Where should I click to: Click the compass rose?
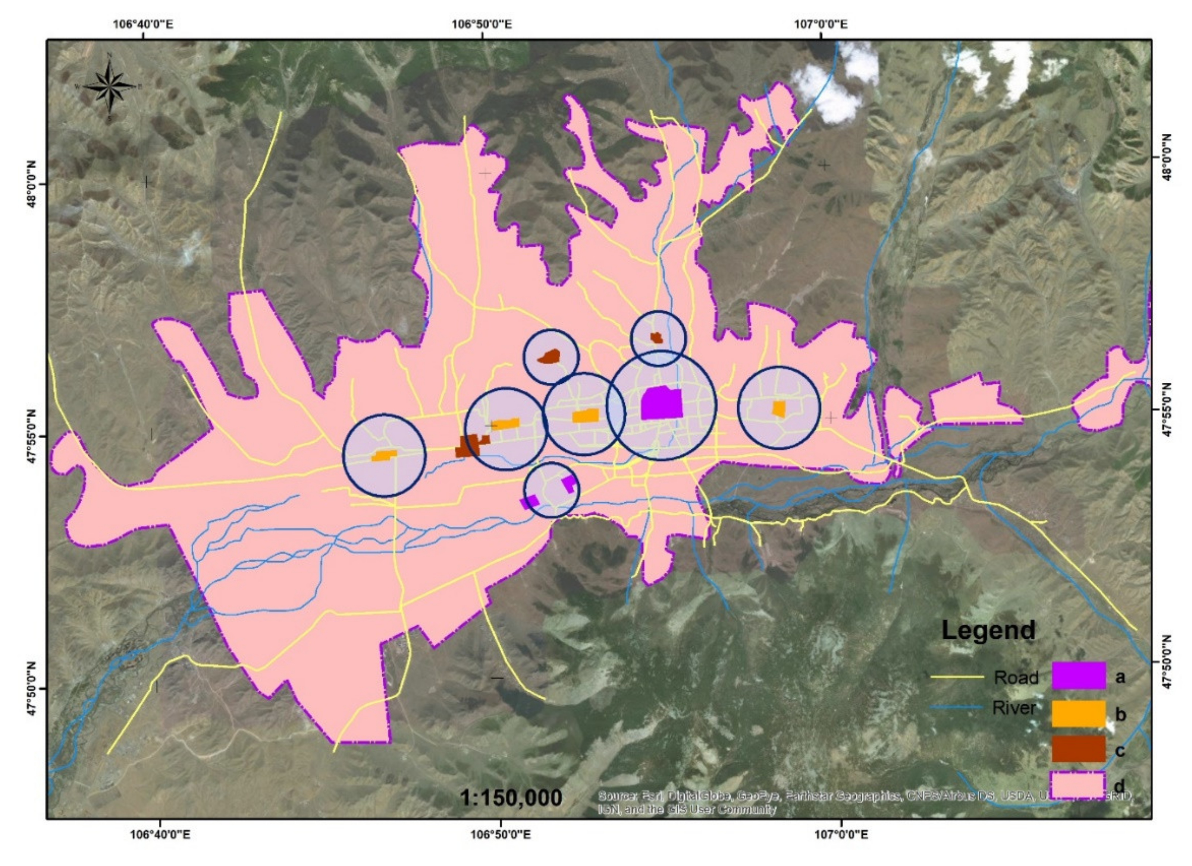click(109, 87)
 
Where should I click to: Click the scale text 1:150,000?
click(511, 798)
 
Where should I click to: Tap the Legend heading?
click(988, 630)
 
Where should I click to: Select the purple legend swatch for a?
click(1079, 676)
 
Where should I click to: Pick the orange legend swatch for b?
click(1079, 713)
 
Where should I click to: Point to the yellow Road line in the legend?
click(957, 677)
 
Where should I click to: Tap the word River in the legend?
click(1014, 708)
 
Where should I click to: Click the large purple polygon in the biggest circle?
click(661, 403)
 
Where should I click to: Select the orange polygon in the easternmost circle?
click(778, 408)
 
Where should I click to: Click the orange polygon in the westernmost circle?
click(384, 455)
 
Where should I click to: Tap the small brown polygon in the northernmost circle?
click(656, 337)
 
